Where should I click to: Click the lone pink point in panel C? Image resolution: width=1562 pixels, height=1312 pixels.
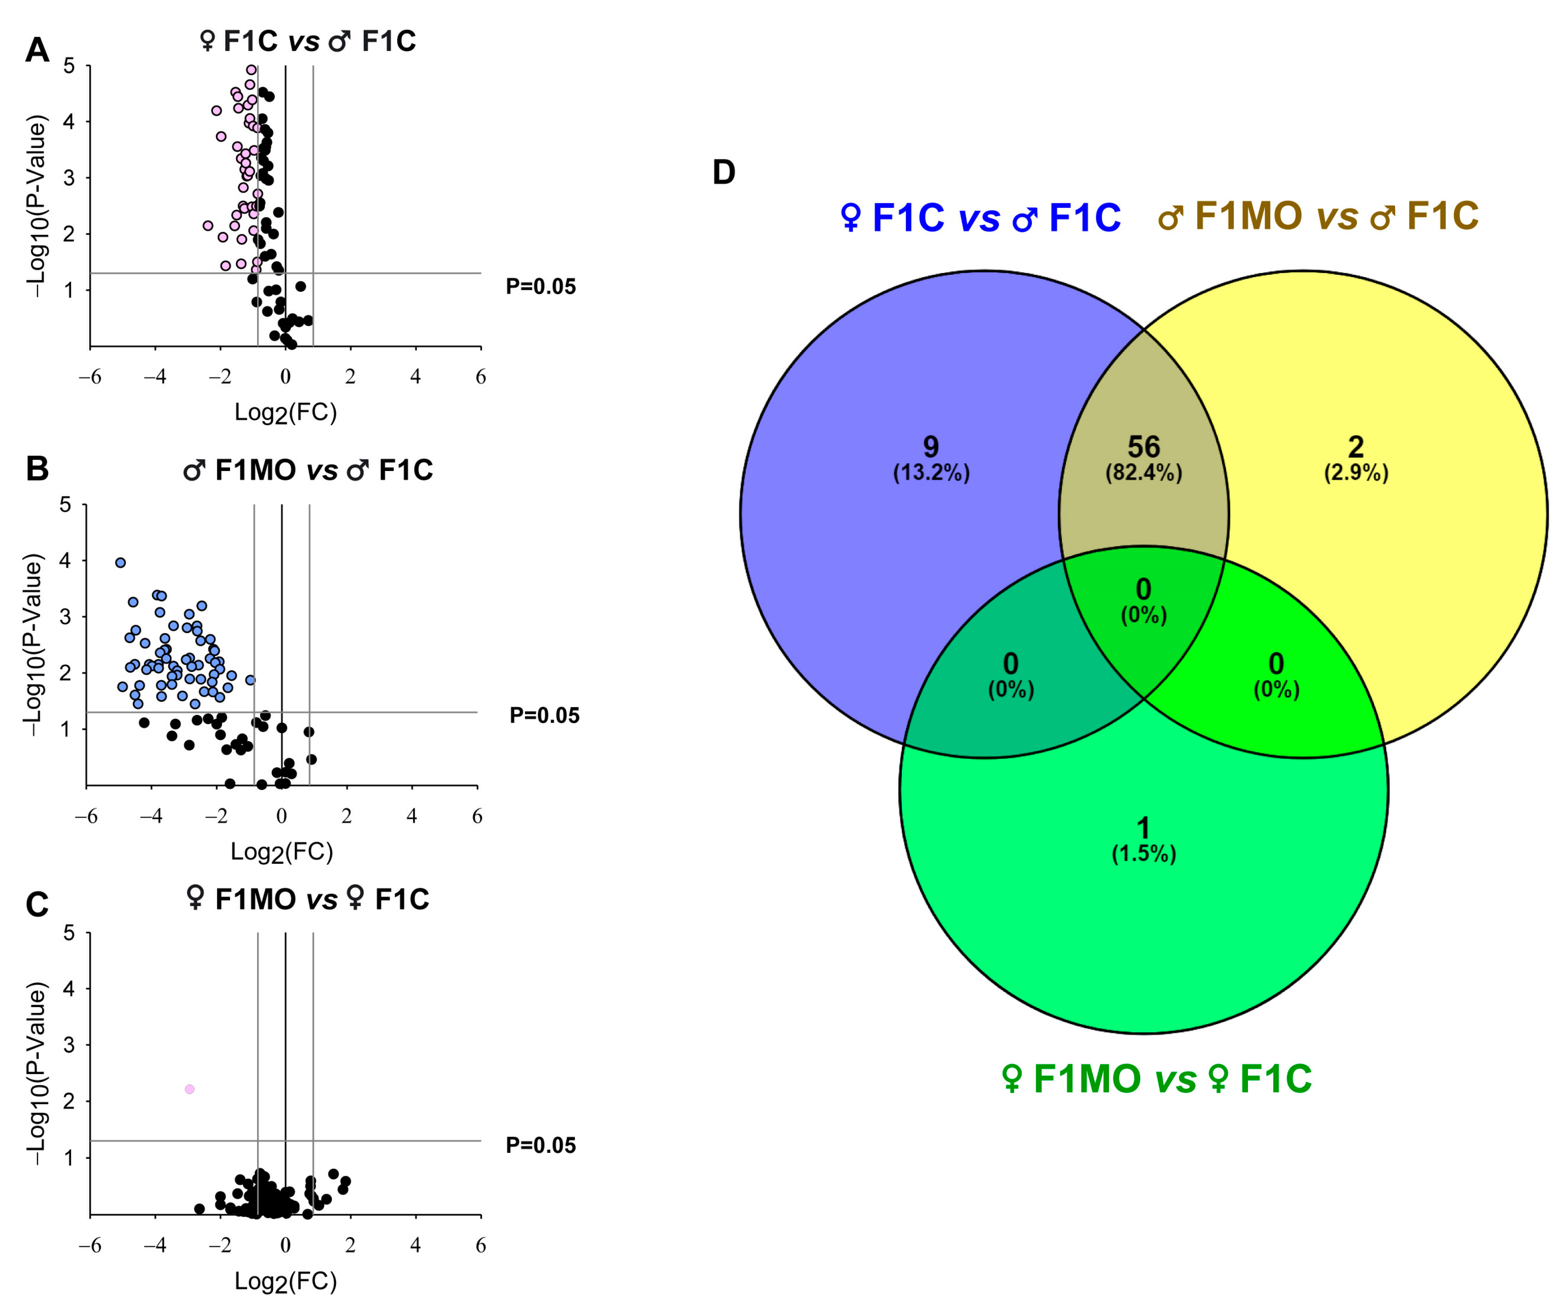[x=190, y=1089]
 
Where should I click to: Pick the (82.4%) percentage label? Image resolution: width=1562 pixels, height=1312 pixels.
[x=1144, y=473]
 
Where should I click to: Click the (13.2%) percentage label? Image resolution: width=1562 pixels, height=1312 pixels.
[x=931, y=473]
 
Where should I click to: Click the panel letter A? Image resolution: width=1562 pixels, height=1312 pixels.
[x=37, y=51]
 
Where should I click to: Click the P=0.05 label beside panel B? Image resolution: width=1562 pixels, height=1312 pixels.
[x=544, y=716]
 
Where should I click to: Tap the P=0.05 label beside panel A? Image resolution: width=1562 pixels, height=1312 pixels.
[x=541, y=287]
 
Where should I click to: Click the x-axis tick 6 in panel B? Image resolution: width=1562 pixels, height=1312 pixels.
[x=477, y=816]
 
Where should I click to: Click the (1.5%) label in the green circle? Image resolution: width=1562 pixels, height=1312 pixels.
[x=1144, y=854]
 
